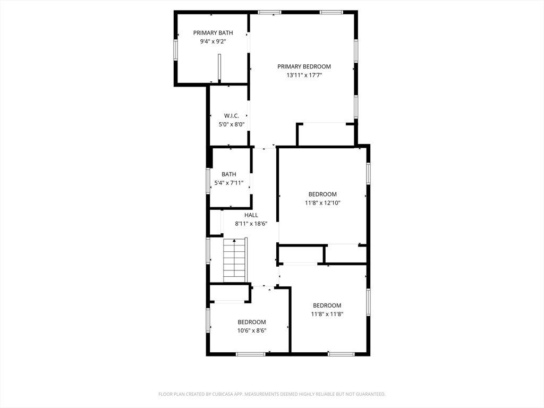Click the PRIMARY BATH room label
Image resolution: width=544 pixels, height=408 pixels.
click(x=213, y=33)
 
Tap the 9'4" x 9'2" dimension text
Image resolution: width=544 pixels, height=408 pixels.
click(x=213, y=41)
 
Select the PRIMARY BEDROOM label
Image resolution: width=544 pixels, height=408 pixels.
click(x=304, y=66)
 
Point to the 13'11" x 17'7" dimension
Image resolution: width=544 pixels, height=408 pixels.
click(x=304, y=75)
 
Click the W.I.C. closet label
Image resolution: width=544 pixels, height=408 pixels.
click(x=232, y=116)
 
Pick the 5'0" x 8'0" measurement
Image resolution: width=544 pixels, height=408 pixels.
click(x=232, y=124)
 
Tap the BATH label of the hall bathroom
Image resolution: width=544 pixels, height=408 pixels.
click(x=229, y=174)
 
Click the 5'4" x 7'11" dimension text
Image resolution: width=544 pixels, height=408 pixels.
click(x=229, y=183)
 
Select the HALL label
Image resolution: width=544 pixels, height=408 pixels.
click(x=251, y=216)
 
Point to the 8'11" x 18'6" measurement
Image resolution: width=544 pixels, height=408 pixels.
click(x=251, y=224)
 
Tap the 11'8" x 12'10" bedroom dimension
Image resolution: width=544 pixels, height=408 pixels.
click(x=322, y=203)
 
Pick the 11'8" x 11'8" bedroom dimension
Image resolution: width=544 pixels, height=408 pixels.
click(x=327, y=314)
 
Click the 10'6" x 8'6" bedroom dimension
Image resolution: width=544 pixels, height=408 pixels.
click(x=252, y=330)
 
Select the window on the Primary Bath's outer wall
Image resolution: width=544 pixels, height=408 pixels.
click(x=175, y=50)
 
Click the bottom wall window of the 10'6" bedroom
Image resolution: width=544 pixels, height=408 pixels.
click(x=251, y=354)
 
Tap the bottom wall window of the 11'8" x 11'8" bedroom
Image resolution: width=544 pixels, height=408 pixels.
click(x=342, y=354)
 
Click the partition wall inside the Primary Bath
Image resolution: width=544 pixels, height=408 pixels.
click(x=219, y=68)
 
